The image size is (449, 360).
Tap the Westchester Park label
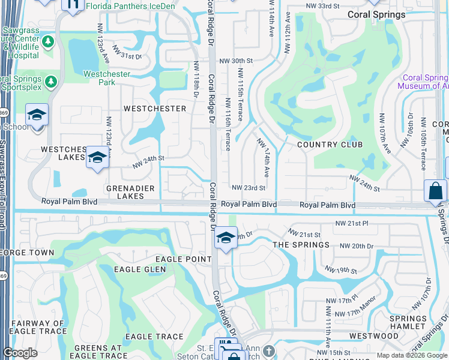click(x=99, y=78)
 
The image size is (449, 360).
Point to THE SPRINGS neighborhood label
click(x=301, y=245)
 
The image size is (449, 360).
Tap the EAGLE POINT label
click(x=183, y=259)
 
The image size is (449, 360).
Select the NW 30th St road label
click(x=237, y=61)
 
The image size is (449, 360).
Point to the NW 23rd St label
click(x=249, y=188)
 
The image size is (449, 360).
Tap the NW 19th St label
click(x=341, y=271)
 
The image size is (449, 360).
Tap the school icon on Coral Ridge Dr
click(x=226, y=238)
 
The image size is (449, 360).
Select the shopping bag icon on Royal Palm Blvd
click(x=435, y=191)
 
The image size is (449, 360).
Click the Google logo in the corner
click(x=20, y=353)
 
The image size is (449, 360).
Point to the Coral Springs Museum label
click(x=425, y=82)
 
